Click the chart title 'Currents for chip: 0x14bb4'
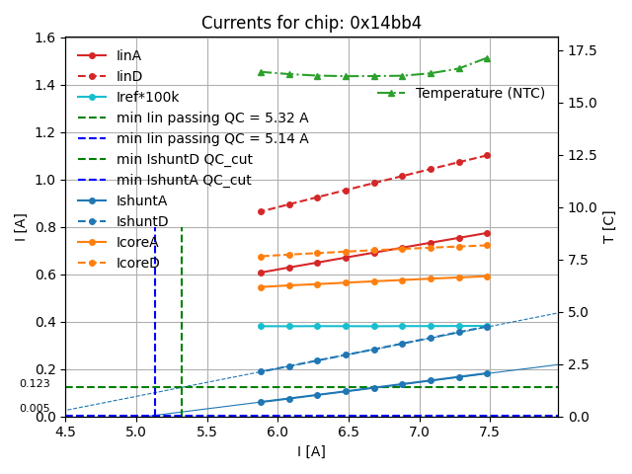tap(311, 23)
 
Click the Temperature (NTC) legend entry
tap(480, 93)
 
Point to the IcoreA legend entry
tap(137, 242)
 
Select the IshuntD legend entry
tap(142, 221)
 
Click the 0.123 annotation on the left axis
tap(35, 383)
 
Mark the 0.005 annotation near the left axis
tap(35, 408)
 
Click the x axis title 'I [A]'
tap(311, 451)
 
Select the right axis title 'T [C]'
tap(609, 226)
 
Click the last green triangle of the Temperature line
tap(487, 58)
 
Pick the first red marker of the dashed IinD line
tap(261, 211)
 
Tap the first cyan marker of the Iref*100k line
tap(261, 326)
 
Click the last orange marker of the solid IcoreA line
tap(487, 276)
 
